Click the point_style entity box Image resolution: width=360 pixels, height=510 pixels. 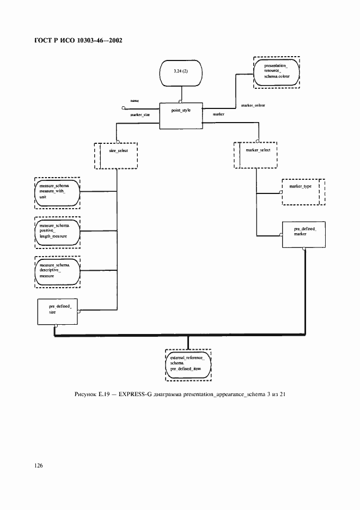180,116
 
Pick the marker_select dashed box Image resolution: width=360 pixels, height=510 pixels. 256,155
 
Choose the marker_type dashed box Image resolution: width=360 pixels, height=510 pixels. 302,191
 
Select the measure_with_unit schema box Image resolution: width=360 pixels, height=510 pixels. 57,192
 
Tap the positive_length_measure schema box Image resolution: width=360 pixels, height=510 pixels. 57,231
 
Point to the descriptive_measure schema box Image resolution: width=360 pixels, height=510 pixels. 57,271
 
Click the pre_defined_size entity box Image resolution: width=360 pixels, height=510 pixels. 57,312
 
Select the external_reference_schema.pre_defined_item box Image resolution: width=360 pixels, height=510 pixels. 188,365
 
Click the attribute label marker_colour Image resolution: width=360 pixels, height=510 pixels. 253,105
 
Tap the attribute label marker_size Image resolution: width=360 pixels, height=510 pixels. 140,115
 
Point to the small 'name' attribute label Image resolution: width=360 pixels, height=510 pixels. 134,101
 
